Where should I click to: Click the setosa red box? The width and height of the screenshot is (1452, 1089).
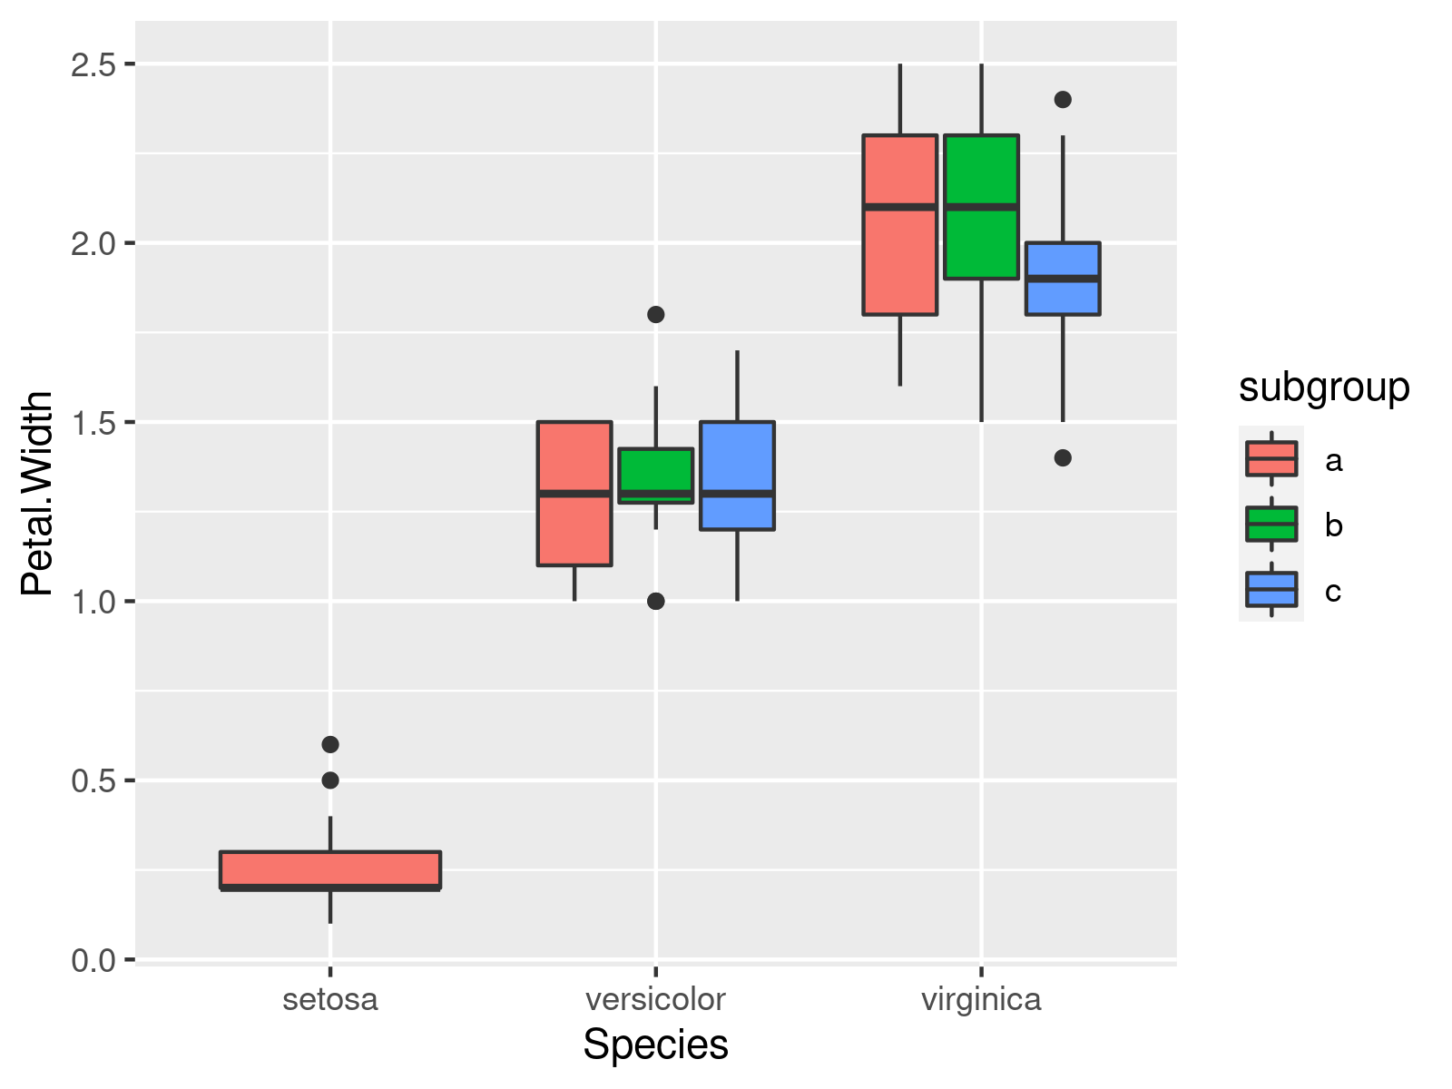point(330,869)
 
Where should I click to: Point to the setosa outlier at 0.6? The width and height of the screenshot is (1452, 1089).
point(330,744)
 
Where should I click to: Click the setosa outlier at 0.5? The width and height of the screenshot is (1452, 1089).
point(330,780)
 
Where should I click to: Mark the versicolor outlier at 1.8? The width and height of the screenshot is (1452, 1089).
point(655,315)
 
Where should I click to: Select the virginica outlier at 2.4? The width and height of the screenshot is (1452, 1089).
point(1063,100)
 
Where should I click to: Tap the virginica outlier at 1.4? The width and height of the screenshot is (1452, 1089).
point(1063,458)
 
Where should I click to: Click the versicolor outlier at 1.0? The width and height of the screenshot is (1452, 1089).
point(655,601)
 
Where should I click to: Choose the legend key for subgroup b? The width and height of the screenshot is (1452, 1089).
point(1270,524)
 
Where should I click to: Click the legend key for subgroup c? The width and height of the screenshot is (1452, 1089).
point(1270,589)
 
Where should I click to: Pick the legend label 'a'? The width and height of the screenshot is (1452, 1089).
point(1332,460)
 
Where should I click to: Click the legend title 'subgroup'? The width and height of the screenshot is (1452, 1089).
point(1323,388)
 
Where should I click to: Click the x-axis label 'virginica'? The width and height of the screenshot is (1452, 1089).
point(981,999)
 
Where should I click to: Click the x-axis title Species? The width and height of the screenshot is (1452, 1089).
point(655,1045)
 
